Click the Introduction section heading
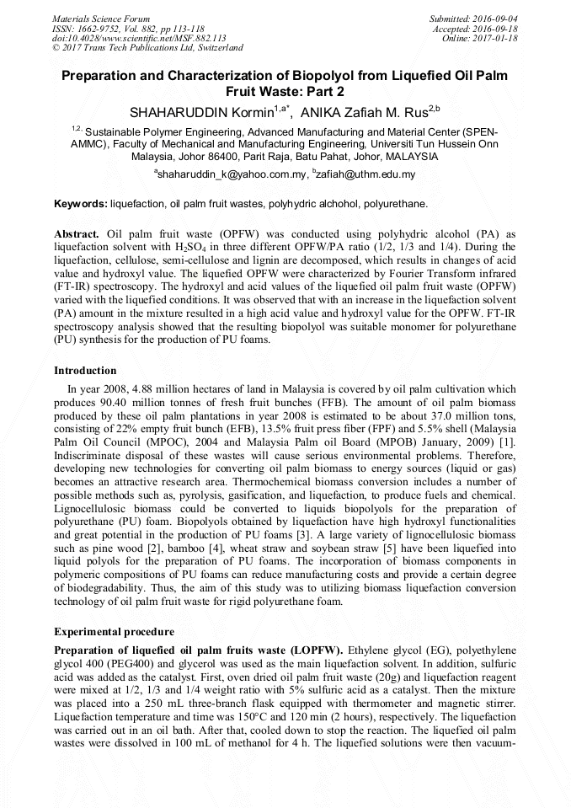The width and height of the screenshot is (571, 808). [85, 371]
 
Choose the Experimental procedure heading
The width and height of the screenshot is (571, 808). [115, 631]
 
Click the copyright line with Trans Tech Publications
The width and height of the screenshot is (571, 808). [147, 48]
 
